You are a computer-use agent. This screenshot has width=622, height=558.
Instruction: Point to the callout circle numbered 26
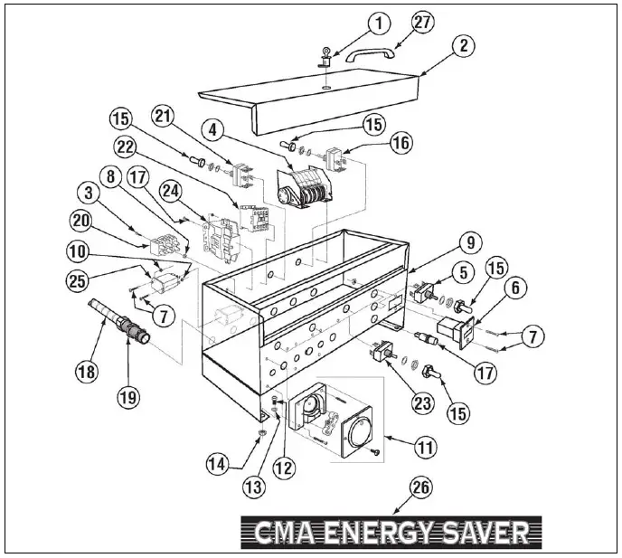pyautogui.click(x=419, y=487)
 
